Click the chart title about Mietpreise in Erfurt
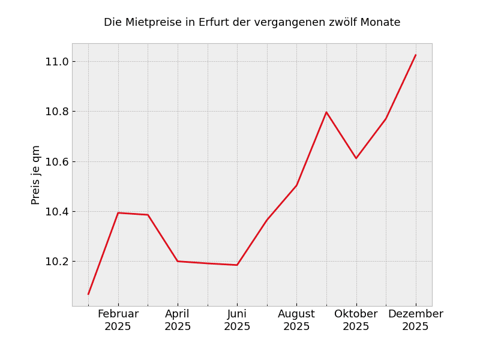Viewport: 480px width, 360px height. (x=252, y=23)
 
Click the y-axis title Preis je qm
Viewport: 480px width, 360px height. (x=36, y=175)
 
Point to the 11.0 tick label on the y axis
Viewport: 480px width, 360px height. (x=56, y=62)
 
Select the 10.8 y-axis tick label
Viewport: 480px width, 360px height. (x=56, y=112)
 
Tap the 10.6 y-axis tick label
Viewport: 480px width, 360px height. (x=56, y=161)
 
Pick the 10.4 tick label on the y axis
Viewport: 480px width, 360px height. (x=56, y=212)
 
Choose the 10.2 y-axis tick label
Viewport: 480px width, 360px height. (x=56, y=262)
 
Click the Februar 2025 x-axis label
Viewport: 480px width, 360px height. (x=118, y=320)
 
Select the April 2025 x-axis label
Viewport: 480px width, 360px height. (x=178, y=320)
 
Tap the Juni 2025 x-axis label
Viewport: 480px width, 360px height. (x=237, y=320)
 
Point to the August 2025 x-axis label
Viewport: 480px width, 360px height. (x=296, y=320)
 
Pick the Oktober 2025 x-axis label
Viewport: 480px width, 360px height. (x=356, y=320)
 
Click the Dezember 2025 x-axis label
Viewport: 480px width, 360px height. (x=415, y=320)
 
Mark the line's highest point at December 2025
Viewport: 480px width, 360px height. (x=415, y=55)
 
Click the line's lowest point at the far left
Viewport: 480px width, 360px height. (x=88, y=294)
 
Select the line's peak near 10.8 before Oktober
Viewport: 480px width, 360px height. (x=326, y=112)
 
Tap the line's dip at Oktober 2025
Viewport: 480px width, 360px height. (x=356, y=158)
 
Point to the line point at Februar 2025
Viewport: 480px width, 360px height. (x=118, y=213)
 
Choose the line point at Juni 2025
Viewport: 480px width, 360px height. (x=237, y=265)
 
